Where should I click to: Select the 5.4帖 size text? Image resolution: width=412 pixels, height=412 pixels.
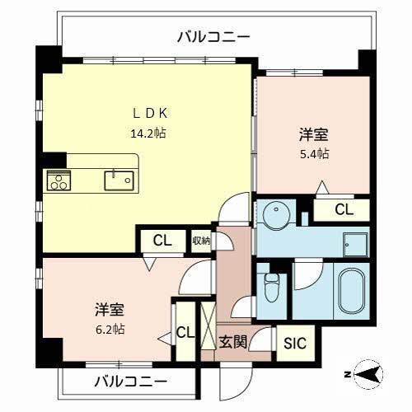313,154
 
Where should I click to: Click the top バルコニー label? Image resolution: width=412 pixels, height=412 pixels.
213,36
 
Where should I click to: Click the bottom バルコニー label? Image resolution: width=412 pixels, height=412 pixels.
130,382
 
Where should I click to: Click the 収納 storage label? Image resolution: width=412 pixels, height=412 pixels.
201,241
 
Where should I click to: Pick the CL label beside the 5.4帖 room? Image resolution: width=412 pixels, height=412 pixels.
344,210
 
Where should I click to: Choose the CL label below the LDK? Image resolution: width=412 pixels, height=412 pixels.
162,241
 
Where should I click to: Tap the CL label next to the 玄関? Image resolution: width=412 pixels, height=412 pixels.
185,333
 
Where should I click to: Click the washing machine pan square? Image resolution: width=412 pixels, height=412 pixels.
356,246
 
